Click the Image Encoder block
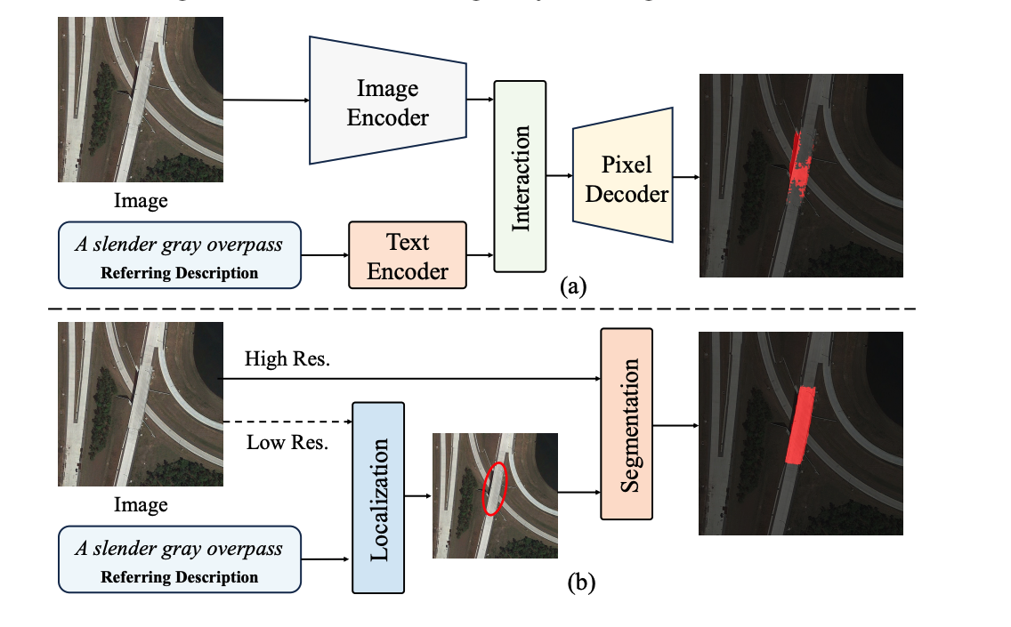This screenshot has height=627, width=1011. click(x=388, y=101)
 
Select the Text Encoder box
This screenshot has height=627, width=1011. click(x=408, y=255)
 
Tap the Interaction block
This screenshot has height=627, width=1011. click(x=520, y=176)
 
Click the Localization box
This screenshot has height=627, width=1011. click(x=378, y=497)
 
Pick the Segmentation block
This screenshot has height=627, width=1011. click(x=627, y=422)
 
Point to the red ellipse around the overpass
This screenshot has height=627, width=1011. click(x=494, y=489)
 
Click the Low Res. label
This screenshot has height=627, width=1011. click(x=287, y=441)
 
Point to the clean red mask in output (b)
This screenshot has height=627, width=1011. click(x=799, y=425)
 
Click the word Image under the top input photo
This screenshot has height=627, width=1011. click(x=141, y=201)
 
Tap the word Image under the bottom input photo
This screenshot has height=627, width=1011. click(x=141, y=505)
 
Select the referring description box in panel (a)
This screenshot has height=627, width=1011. click(x=179, y=255)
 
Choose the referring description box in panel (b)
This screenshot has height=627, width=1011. click(x=179, y=559)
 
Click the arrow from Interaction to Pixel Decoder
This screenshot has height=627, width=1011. click(x=559, y=176)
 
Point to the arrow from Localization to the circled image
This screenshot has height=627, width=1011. click(x=418, y=497)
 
